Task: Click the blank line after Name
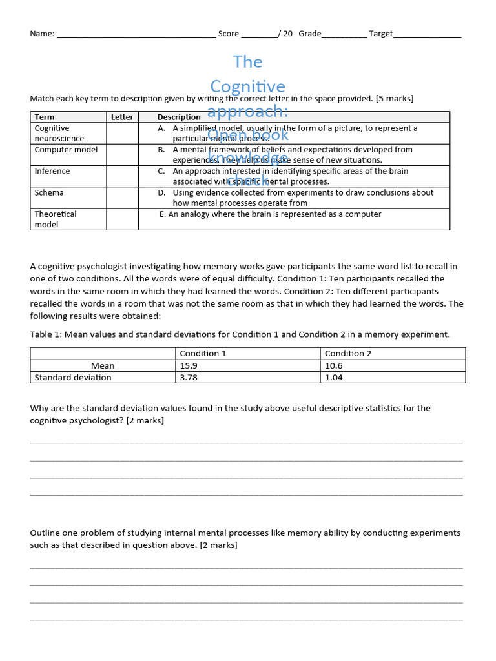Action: (136, 35)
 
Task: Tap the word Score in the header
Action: (229, 34)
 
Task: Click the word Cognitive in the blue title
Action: (248, 86)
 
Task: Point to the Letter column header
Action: (122, 117)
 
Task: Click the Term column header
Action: (45, 117)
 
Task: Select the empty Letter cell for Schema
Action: (122, 198)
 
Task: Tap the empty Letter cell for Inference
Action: (122, 176)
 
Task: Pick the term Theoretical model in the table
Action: (56, 219)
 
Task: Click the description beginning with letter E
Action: (271, 214)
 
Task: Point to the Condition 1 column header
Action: (203, 353)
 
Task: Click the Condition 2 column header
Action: (348, 353)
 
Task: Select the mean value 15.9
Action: (189, 365)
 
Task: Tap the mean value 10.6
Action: (334, 365)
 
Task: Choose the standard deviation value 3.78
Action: (189, 377)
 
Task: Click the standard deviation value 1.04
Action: (334, 377)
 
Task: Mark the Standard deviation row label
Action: (72, 377)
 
